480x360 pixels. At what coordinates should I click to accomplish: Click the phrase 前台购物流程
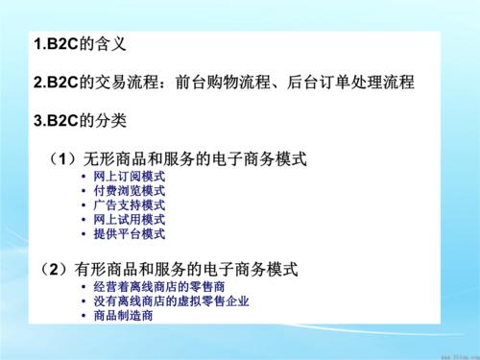223,83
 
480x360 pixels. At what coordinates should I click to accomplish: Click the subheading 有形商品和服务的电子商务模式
196,266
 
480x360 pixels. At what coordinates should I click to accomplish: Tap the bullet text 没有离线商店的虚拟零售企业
172,300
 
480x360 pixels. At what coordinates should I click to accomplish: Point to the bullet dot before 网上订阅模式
85,178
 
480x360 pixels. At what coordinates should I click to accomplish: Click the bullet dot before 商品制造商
85,316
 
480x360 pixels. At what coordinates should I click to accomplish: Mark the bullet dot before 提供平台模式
85,233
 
